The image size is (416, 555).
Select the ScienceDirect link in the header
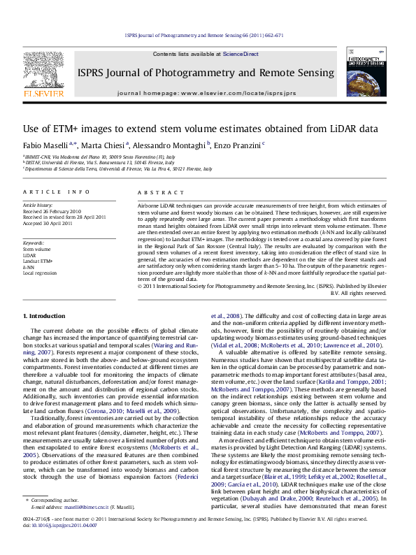[241, 54]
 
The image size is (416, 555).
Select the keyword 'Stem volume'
[36, 248]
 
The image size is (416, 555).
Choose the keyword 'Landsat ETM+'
[38, 261]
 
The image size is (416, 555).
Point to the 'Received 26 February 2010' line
[52, 210]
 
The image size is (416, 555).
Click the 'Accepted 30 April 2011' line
[48, 223]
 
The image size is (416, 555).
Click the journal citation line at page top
[208, 34]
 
